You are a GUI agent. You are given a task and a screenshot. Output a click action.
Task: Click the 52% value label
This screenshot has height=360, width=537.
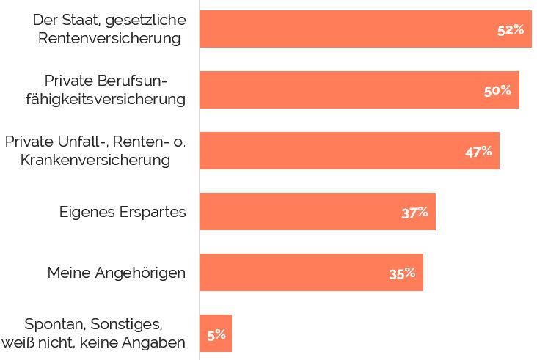pyautogui.click(x=510, y=30)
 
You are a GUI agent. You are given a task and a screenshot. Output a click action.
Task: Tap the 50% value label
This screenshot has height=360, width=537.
pyautogui.click(x=497, y=91)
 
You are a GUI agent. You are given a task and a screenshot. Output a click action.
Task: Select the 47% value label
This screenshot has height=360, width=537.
pyautogui.click(x=478, y=152)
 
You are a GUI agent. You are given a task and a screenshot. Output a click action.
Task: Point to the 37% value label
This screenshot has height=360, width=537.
pyautogui.click(x=414, y=213)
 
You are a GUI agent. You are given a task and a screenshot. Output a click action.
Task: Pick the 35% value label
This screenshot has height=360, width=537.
pyautogui.click(x=402, y=273)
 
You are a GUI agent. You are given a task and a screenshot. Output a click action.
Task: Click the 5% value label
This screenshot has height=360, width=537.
pyautogui.click(x=216, y=335)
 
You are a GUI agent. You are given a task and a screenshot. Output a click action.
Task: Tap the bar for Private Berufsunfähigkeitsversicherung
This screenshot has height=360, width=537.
pyautogui.click(x=337, y=90)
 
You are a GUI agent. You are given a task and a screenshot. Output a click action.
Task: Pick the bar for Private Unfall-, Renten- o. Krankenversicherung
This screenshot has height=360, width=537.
pyautogui.click(x=330, y=151)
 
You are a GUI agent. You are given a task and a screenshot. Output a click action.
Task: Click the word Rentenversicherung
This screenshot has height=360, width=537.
pyautogui.click(x=109, y=38)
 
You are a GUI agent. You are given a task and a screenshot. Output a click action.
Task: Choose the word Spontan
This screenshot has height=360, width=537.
pyautogui.click(x=52, y=324)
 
